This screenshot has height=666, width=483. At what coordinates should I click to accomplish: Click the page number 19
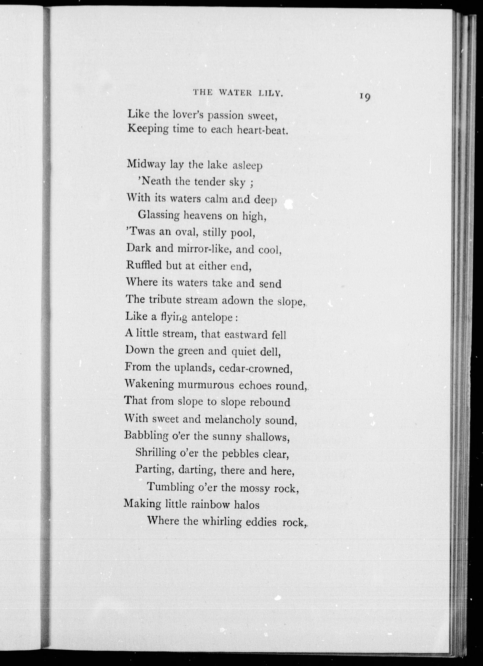tap(365, 97)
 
